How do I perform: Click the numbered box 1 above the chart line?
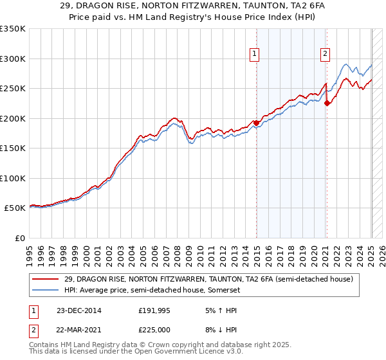pos(255,54)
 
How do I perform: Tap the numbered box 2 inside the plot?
pos(326,54)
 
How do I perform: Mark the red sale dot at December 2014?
pos(256,123)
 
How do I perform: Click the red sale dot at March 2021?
pos(327,103)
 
